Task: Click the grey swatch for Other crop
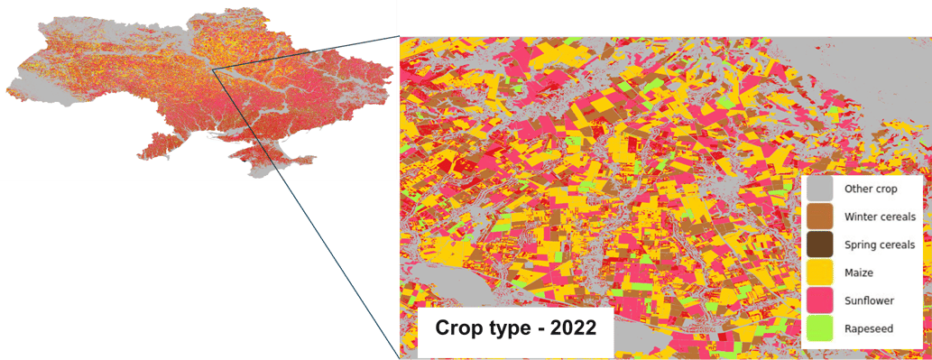click(820, 189)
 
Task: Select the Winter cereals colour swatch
click(820, 217)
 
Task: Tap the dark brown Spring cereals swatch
click(820, 245)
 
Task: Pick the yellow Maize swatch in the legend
click(820, 272)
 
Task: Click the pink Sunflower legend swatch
click(820, 300)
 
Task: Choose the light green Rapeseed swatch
click(820, 328)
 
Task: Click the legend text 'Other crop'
click(871, 189)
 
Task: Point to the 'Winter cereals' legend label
click(880, 217)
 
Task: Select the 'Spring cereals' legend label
click(880, 245)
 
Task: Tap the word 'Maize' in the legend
click(862, 272)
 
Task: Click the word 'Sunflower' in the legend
click(870, 300)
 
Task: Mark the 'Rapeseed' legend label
click(868, 328)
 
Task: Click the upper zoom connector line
click(307, 51)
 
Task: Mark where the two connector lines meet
click(214, 69)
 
